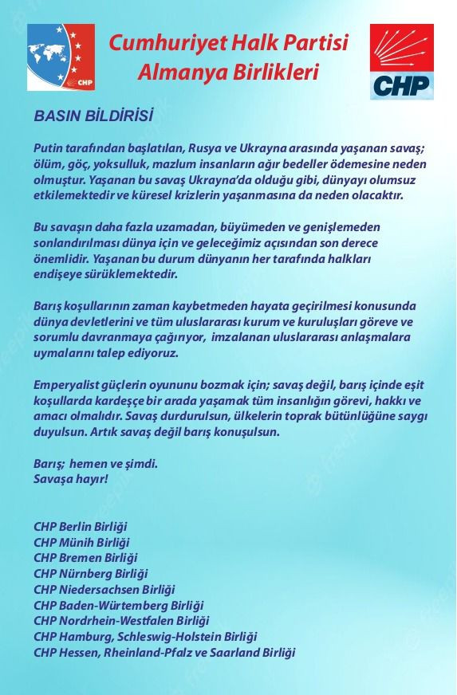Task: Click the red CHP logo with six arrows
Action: click(402, 61)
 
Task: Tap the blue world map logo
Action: click(61, 57)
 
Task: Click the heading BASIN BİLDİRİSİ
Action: click(93, 116)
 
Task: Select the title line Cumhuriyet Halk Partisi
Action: click(229, 44)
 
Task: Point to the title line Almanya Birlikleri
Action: click(228, 73)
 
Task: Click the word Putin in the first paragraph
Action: click(48, 148)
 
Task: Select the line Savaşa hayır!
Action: click(71, 479)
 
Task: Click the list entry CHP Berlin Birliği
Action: click(81, 527)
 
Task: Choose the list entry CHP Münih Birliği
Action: click(81, 542)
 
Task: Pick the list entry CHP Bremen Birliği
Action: click(85, 558)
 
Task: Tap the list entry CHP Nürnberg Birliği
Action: click(90, 573)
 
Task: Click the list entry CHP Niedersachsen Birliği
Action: click(104, 589)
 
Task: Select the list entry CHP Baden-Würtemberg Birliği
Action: click(119, 605)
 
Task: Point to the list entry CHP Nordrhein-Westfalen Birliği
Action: click(121, 621)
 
